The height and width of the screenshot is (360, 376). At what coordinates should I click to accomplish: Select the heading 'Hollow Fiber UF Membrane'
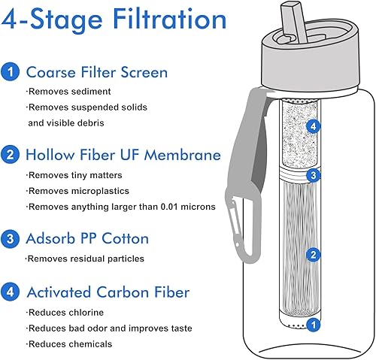(123, 156)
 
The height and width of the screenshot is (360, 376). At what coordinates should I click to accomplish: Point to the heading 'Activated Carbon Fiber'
(108, 292)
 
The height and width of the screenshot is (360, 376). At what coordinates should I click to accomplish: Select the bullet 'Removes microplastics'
(79, 191)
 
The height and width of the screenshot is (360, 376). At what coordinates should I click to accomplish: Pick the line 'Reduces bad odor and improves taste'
(110, 328)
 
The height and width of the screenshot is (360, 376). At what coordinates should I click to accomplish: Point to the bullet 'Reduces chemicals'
(70, 343)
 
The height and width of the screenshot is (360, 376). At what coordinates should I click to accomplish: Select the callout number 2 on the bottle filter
(313, 255)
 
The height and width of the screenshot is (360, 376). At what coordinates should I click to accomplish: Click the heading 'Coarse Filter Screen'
(96, 73)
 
